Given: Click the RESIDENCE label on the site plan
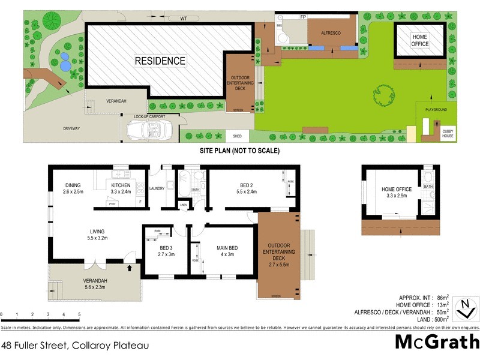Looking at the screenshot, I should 160,61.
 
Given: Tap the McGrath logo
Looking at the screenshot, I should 437,342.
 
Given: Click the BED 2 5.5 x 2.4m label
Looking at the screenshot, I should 247,189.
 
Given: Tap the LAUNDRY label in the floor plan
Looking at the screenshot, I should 157,188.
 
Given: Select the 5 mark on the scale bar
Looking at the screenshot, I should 79,314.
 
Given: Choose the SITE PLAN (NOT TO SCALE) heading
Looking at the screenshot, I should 239,151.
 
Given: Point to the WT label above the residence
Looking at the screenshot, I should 184,19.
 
